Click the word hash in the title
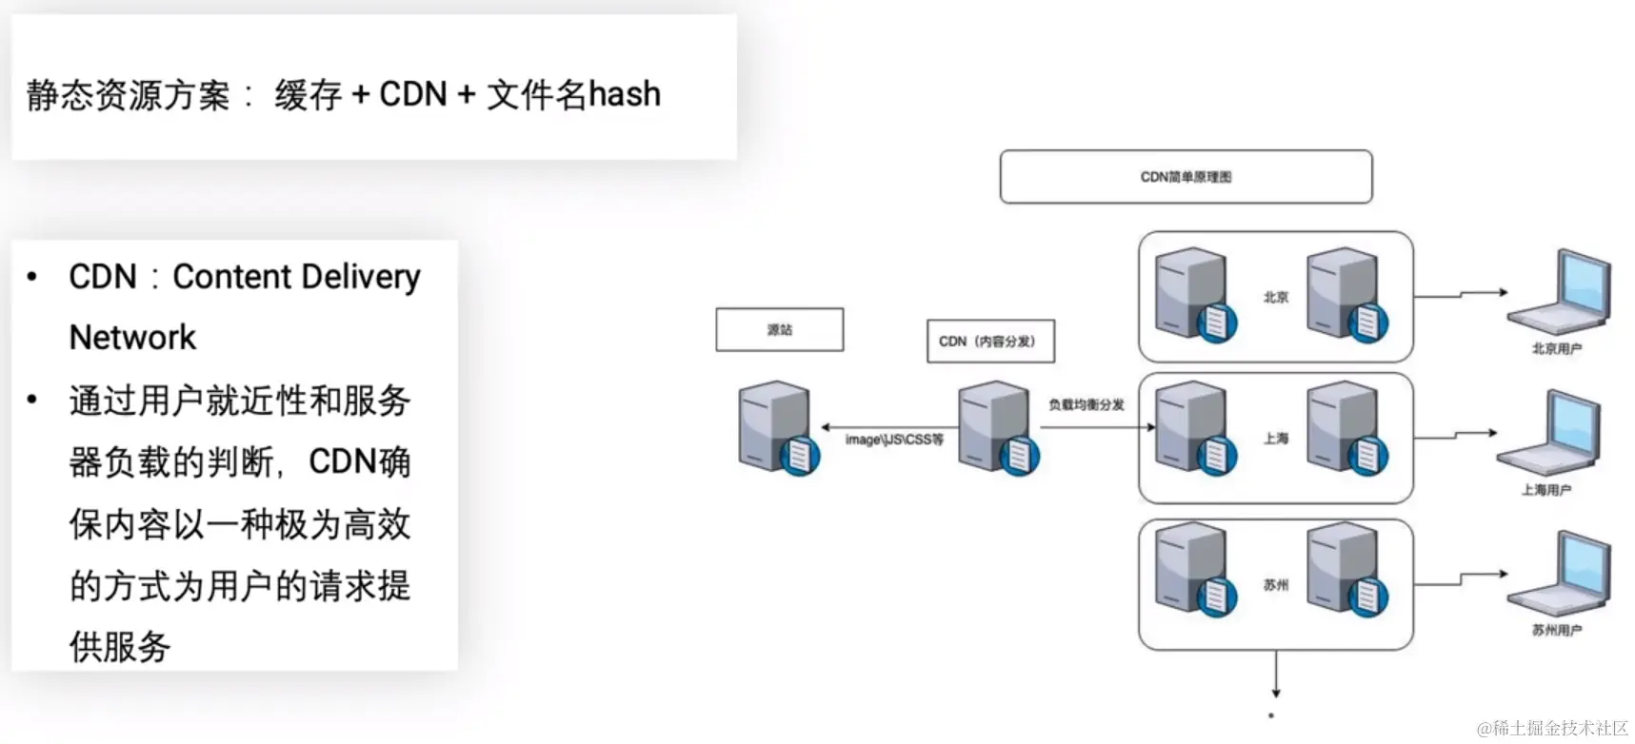624,95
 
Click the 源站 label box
779,330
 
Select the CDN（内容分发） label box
990,342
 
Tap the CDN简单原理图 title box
1186,177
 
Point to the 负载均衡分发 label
1086,405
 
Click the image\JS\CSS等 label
894,440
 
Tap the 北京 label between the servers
1276,298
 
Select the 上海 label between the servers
1276,439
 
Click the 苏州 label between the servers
1276,585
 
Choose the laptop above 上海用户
1549,433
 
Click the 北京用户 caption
1556,349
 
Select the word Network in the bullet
132,338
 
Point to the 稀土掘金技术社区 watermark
1552,729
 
